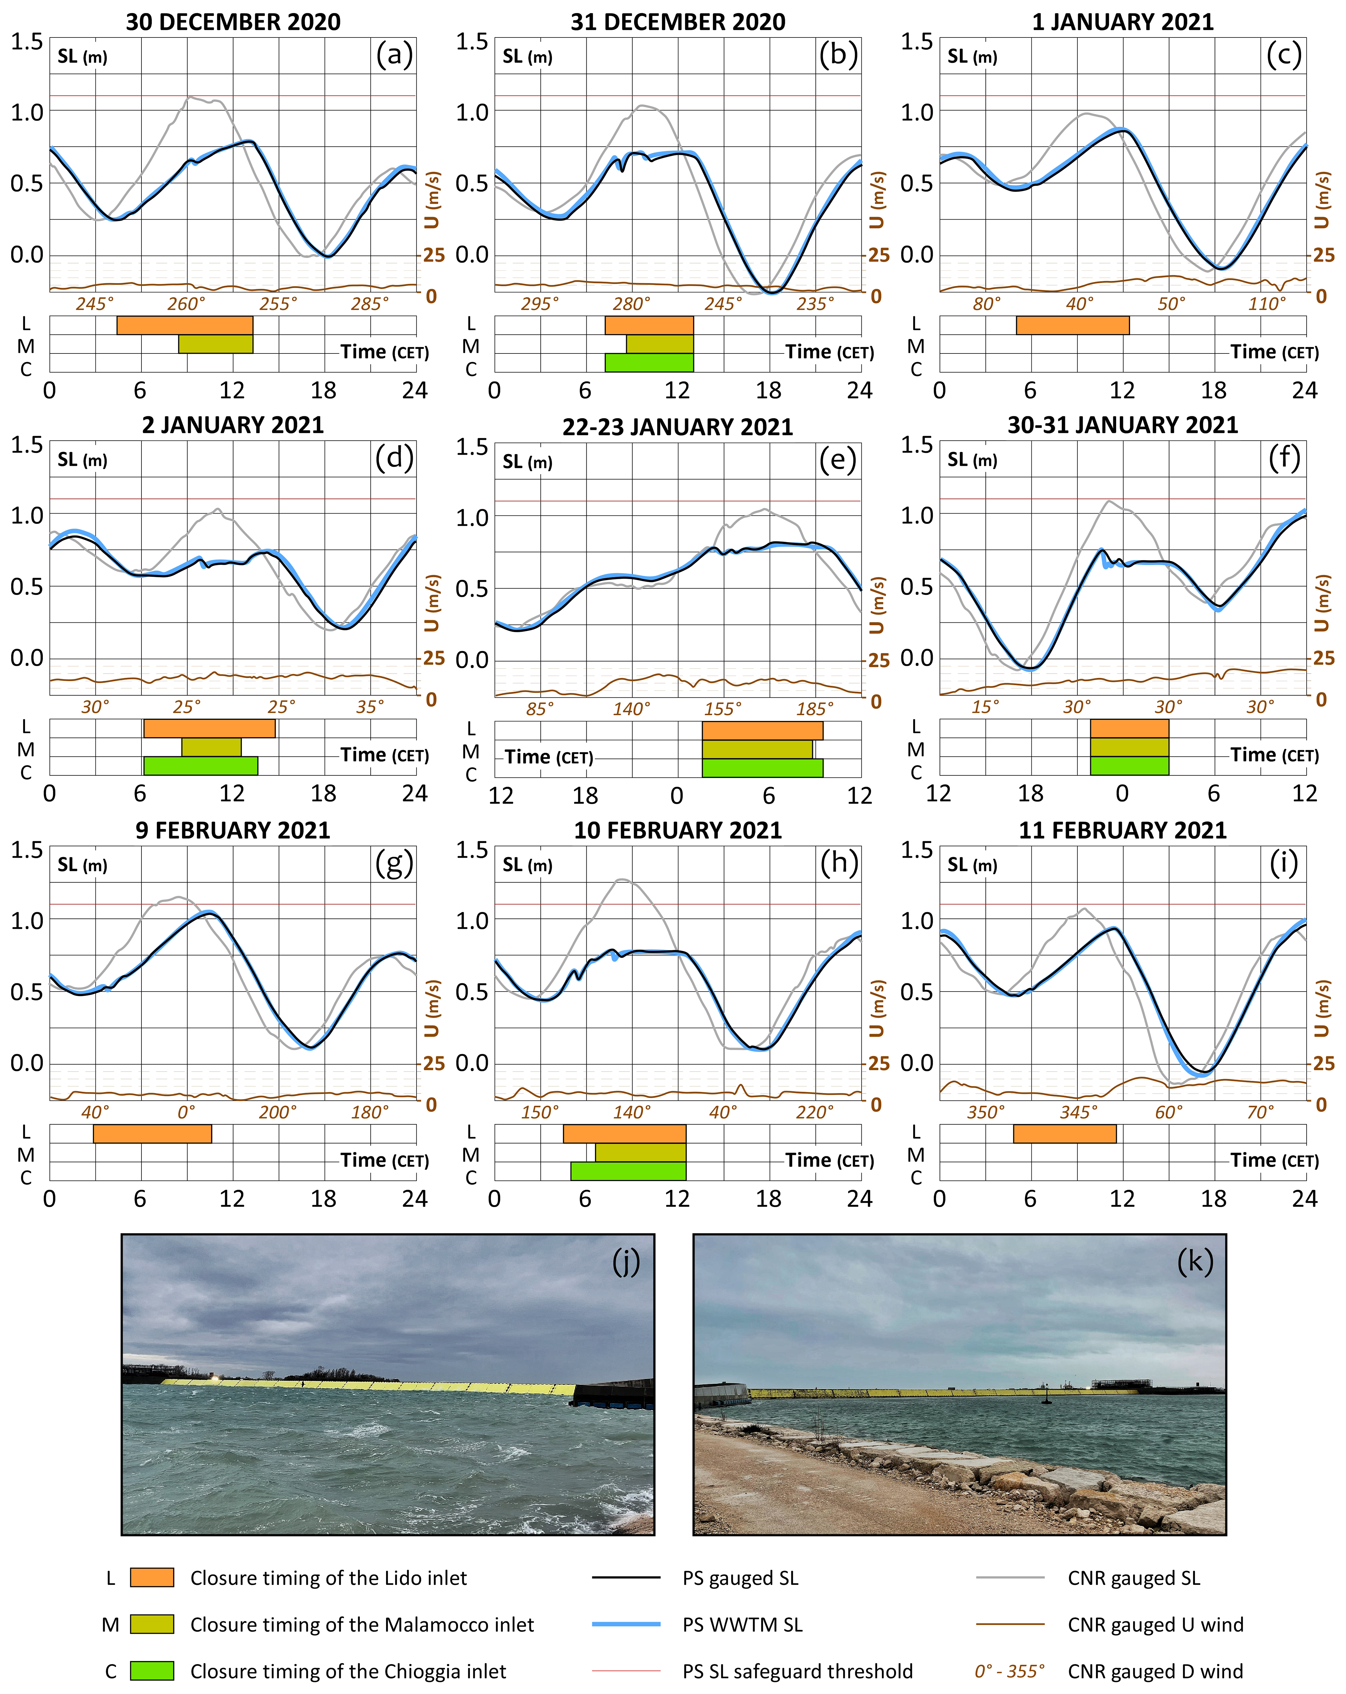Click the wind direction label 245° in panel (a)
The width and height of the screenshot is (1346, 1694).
pos(94,304)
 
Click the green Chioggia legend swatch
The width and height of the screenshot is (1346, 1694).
pos(152,1670)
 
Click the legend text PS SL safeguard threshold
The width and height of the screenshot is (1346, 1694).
pos(797,1670)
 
